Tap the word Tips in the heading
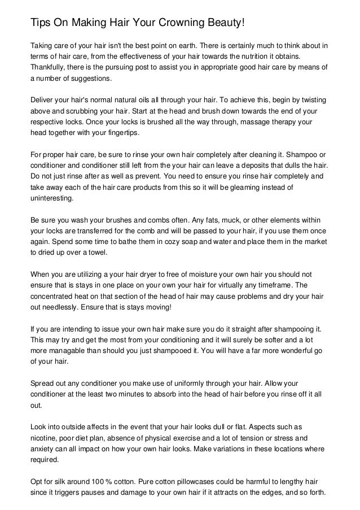coord(41,22)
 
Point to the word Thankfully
coord(50,67)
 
